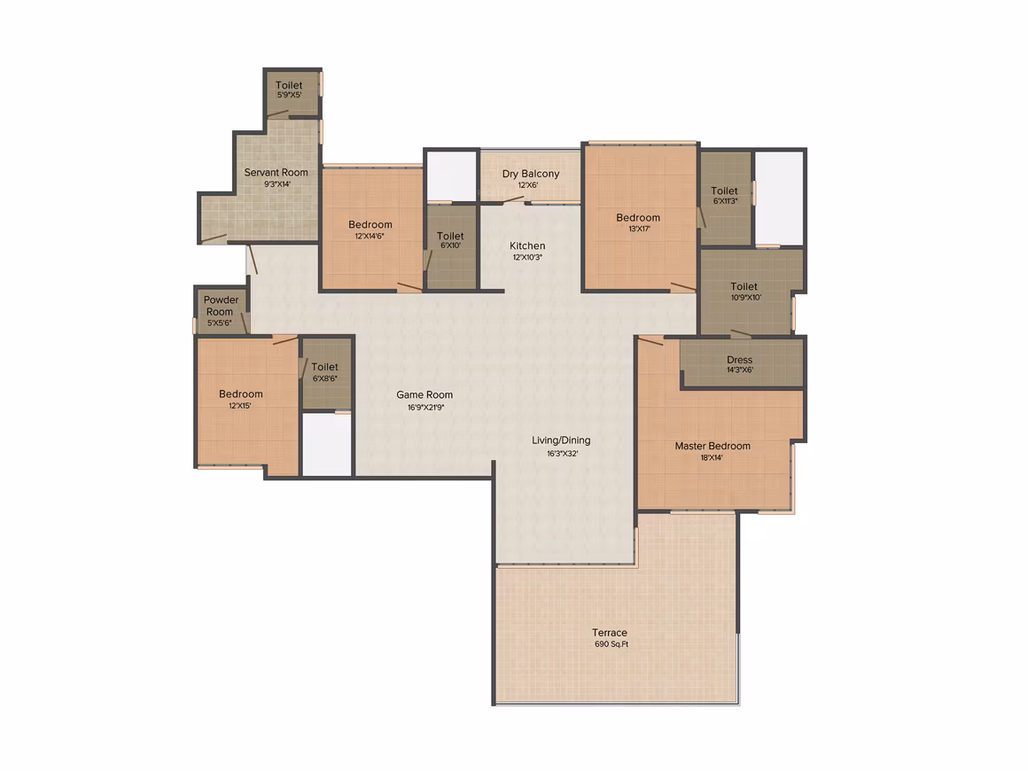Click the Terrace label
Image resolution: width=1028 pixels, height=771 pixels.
tap(609, 633)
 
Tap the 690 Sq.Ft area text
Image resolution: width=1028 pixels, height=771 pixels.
tap(611, 644)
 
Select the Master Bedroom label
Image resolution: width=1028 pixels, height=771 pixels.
tap(713, 446)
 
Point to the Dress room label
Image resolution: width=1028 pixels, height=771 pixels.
tap(739, 359)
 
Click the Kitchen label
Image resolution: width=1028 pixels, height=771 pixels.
tap(527, 245)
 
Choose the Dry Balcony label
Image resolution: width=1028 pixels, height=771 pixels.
tap(531, 174)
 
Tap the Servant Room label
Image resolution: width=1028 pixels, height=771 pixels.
tap(276, 173)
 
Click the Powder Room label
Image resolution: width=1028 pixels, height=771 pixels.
tap(221, 306)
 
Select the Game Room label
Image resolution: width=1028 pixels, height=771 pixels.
tap(424, 394)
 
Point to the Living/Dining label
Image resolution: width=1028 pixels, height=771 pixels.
tap(561, 440)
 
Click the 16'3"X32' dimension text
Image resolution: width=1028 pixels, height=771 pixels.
tap(563, 454)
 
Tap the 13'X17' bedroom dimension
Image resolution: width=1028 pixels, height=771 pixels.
tap(639, 229)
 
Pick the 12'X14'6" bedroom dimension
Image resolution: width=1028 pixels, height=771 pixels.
tap(370, 236)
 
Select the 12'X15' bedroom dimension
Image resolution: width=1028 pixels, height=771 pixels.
tap(240, 406)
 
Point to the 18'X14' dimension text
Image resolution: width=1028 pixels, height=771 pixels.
tap(712, 457)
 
